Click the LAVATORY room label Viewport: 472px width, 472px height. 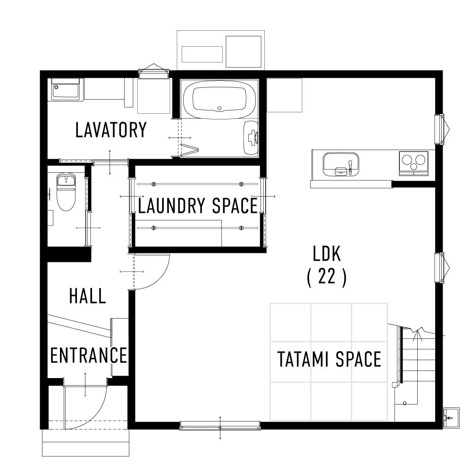(x=111, y=130)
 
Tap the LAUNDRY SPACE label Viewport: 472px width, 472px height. (x=197, y=206)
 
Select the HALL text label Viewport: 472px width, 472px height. (x=87, y=296)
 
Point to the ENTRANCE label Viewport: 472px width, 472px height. (x=89, y=355)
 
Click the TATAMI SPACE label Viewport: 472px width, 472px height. (x=329, y=360)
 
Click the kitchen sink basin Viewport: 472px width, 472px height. (x=340, y=163)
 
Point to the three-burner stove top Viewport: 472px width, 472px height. (x=413, y=162)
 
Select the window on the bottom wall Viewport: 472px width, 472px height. (x=219, y=426)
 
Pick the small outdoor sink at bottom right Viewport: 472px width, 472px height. (x=450, y=417)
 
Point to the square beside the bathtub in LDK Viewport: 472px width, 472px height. (x=284, y=95)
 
